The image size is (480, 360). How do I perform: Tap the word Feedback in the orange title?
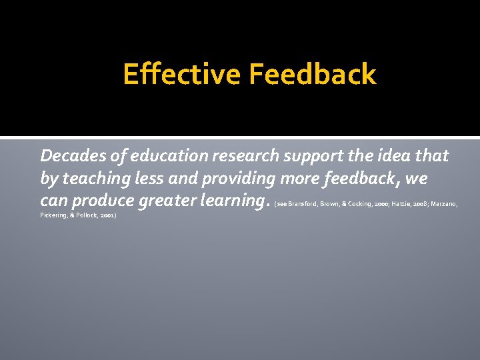pos(313,74)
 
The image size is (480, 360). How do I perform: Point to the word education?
pos(169,156)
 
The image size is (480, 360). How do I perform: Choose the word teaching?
pos(92,179)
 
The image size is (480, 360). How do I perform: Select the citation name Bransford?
pos(302,203)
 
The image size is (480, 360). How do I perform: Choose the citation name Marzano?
pos(444,203)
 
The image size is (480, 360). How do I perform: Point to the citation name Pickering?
pos(54,217)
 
